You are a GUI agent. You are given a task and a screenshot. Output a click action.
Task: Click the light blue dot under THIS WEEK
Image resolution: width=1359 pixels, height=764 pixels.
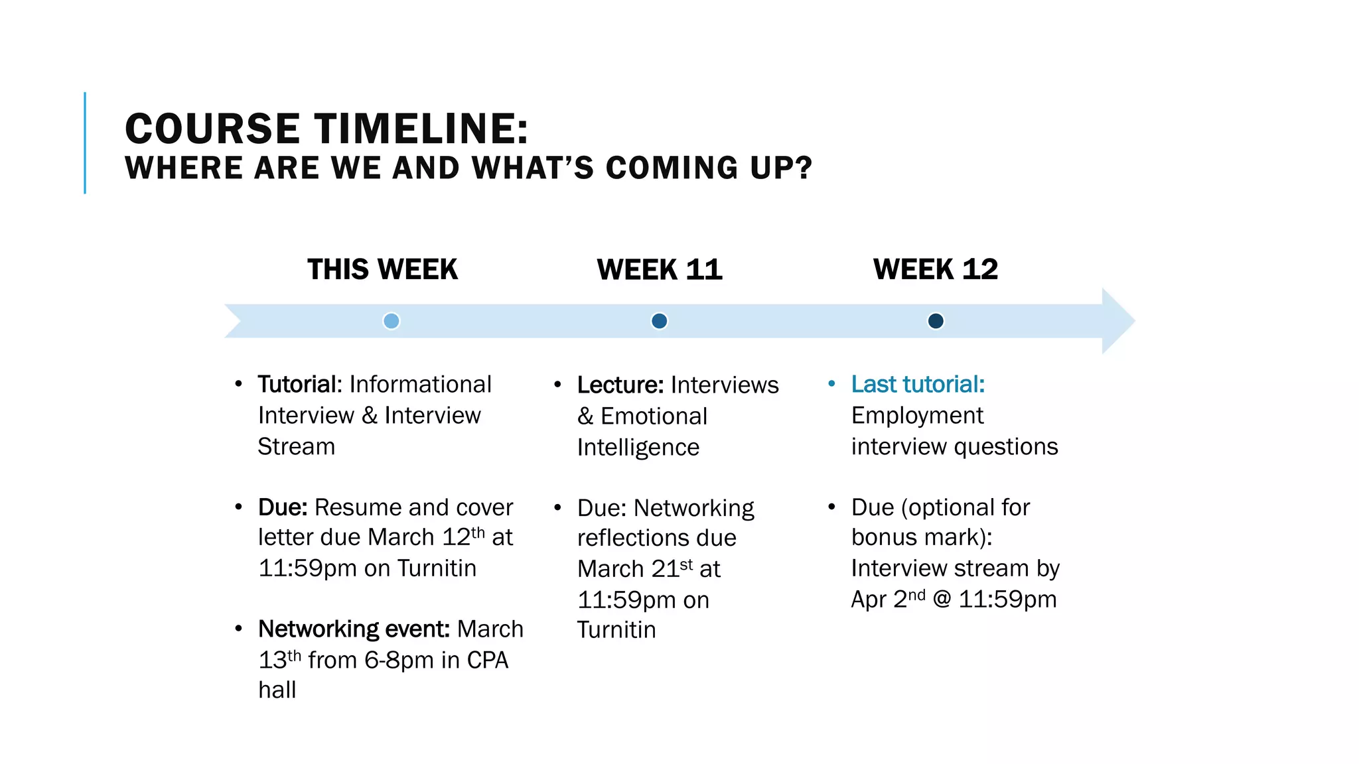pos(392,321)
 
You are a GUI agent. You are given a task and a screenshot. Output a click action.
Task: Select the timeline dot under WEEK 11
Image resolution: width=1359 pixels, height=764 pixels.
pos(659,321)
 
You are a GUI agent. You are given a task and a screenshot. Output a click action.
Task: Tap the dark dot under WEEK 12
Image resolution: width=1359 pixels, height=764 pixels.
pos(936,321)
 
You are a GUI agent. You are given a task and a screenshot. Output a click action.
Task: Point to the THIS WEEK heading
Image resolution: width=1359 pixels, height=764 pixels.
pos(382,269)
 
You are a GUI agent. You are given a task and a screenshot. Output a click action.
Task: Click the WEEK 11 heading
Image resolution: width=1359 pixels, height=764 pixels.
pos(660,269)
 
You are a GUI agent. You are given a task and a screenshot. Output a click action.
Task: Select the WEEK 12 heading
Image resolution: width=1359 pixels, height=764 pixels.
pos(936,269)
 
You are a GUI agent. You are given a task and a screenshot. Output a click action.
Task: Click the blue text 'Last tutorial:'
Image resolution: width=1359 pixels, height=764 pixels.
pos(918,384)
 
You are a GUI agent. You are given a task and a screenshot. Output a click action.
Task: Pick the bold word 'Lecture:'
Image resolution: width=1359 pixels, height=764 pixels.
pos(620,385)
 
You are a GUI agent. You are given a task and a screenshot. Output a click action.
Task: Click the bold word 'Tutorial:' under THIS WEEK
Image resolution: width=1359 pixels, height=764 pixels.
pos(300,384)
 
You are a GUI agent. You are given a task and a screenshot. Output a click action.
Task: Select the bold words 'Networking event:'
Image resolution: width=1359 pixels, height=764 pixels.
pos(354,629)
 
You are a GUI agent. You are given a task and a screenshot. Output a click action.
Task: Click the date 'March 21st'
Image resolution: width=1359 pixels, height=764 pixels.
pos(635,568)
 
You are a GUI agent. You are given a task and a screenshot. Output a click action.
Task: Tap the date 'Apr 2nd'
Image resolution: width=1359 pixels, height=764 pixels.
pos(888,599)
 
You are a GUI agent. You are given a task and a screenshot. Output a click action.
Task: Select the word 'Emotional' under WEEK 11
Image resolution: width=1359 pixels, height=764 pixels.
pos(654,416)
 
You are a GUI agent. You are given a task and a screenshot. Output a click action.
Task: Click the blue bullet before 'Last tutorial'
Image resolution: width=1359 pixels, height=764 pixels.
pos(831,384)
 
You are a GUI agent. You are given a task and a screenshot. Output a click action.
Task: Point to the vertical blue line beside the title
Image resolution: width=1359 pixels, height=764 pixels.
pos(85,143)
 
